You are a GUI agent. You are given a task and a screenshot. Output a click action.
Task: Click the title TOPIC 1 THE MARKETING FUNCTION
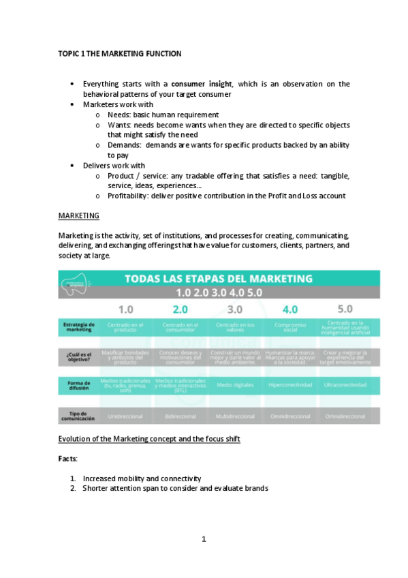coord(119,53)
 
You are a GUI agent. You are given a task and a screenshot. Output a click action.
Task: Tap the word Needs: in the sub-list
coord(119,115)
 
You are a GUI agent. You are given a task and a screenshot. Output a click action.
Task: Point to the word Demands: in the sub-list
coord(123,145)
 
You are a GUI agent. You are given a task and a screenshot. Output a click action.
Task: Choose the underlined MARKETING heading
coord(78,216)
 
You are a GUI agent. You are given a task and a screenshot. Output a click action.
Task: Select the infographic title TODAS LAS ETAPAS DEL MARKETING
coord(228,279)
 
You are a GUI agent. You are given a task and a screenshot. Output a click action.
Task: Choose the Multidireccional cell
coord(235,416)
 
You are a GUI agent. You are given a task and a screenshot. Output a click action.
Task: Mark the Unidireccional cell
coord(125,416)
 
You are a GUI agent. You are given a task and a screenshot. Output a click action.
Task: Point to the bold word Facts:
coord(68,459)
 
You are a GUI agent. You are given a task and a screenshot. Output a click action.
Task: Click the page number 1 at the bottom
coord(203,539)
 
